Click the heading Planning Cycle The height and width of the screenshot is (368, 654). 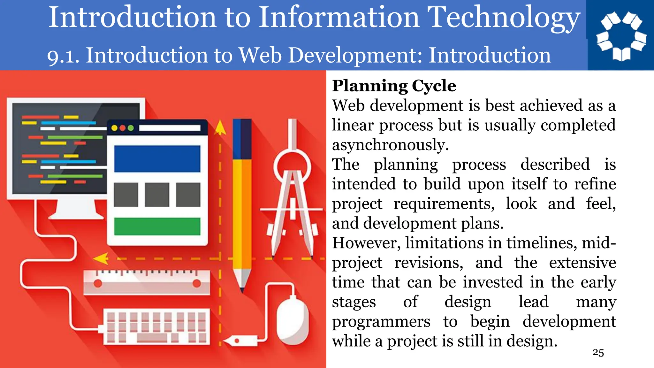pos(394,86)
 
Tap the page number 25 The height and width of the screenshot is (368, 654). pos(598,352)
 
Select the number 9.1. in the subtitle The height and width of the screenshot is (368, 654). pos(63,56)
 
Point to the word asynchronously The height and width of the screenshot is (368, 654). pos(390,145)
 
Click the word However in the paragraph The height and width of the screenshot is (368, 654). pos(366,243)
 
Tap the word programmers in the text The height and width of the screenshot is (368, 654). pos(381,322)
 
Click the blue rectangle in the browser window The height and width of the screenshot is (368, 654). pos(157,159)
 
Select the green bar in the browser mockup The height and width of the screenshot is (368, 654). pos(157,226)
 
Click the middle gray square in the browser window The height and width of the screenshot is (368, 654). pos(157,195)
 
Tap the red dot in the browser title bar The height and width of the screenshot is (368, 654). pos(122,128)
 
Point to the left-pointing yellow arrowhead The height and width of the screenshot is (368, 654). pos(101,258)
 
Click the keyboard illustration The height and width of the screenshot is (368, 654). pos(156,327)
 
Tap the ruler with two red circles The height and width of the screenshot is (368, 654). pos(147,283)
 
